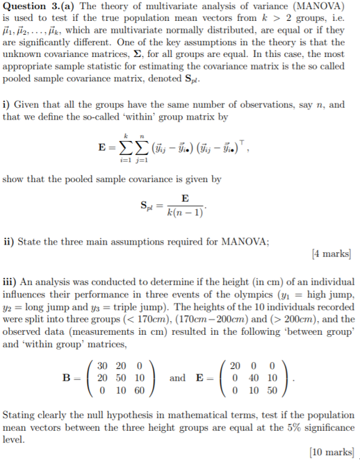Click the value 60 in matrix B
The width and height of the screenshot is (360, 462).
(138, 390)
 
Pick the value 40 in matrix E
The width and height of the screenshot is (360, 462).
(252, 378)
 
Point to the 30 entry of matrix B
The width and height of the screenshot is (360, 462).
(103, 365)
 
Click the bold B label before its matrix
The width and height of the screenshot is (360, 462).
(67, 378)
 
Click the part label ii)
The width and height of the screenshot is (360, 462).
(10, 242)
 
